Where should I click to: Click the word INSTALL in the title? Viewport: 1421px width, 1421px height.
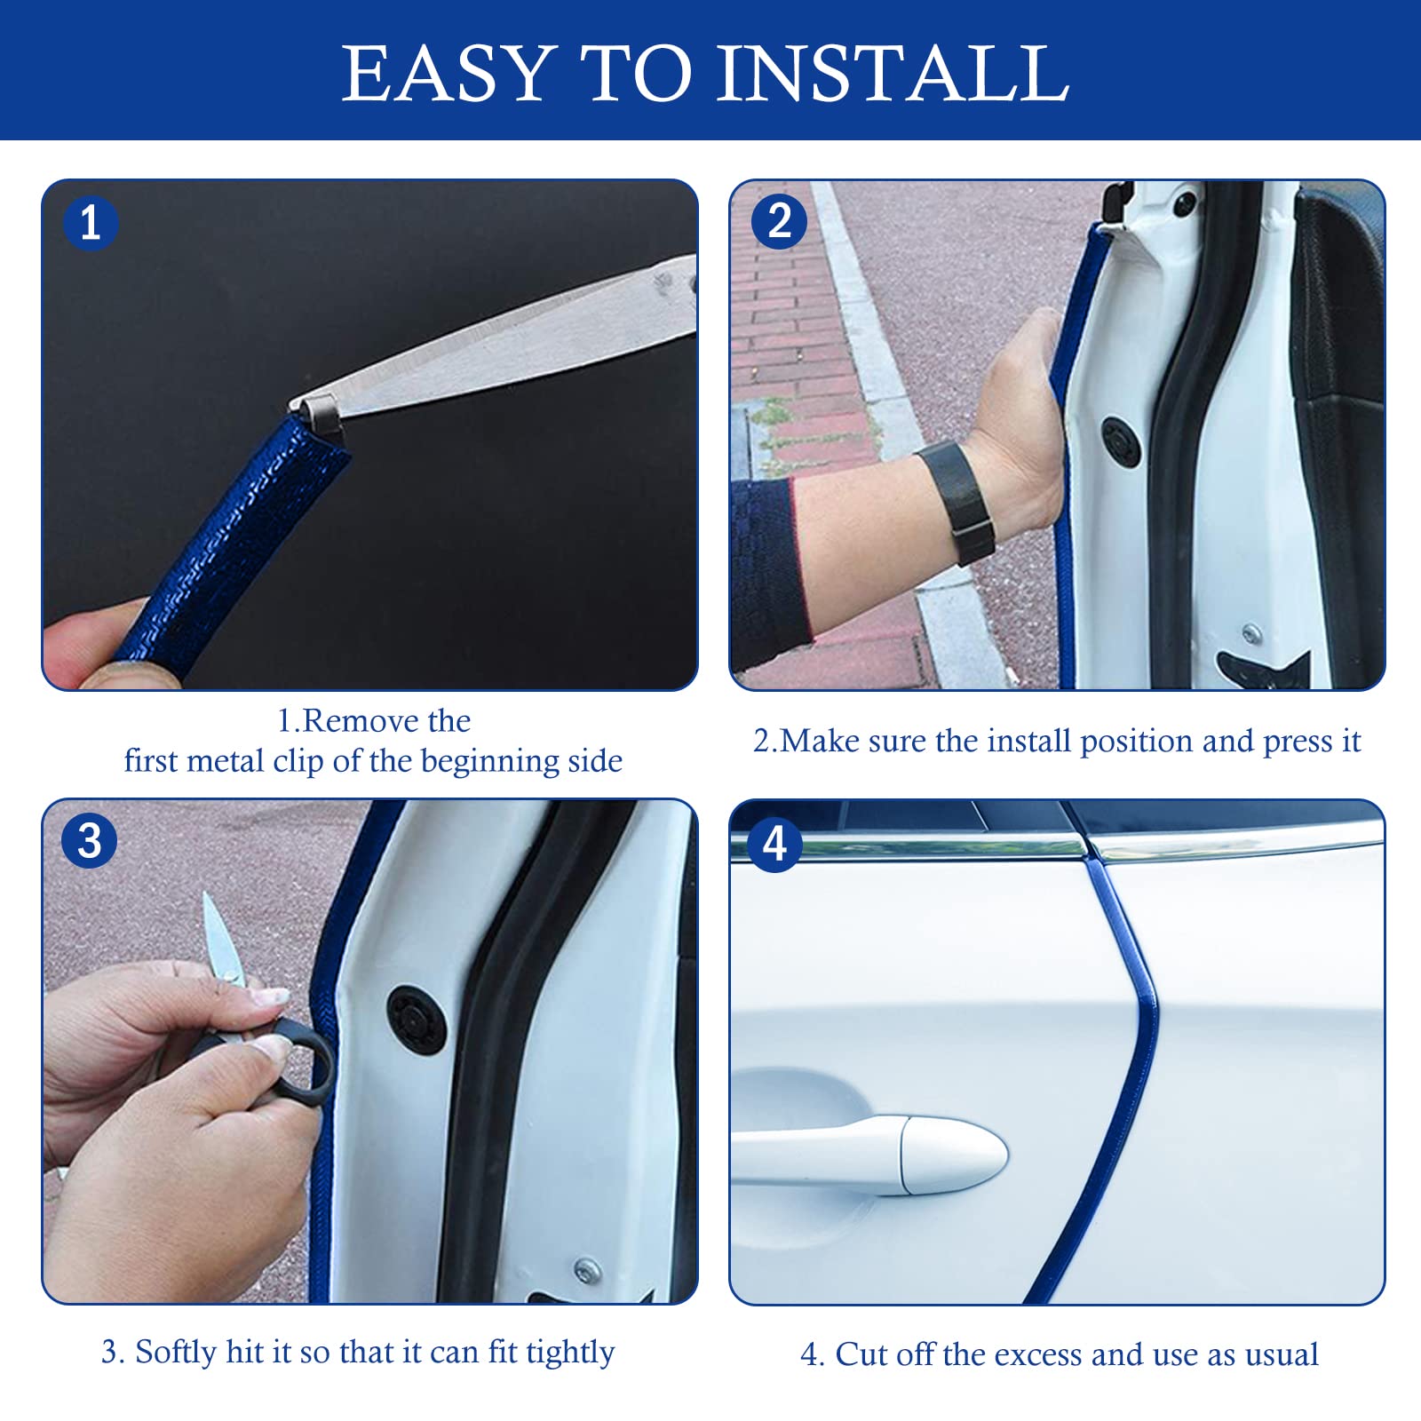893,73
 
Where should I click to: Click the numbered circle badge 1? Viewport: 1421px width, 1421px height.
90,222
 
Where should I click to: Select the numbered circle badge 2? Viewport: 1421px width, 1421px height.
779,221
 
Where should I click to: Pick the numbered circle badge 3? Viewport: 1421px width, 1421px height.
90,840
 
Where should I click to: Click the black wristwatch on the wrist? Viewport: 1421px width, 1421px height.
955,503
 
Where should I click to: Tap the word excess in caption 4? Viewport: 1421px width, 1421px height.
1037,1355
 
